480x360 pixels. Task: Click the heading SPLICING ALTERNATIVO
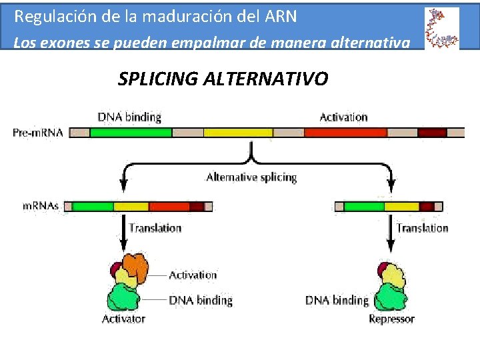[223, 79]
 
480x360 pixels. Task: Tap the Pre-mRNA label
[37, 133]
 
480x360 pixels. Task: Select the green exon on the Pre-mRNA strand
[131, 133]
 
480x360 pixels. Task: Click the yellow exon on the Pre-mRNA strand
[238, 133]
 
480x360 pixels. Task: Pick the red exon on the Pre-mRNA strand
[345, 133]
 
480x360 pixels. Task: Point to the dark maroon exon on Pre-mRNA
[432, 133]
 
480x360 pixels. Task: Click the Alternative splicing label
[251, 177]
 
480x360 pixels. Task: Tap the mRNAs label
[41, 206]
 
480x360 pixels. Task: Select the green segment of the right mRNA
[364, 207]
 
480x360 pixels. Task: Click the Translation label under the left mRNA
[155, 228]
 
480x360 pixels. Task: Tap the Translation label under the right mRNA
[423, 228]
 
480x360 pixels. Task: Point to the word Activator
[123, 319]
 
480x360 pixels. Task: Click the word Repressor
[391, 319]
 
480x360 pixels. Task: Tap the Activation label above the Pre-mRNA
[343, 117]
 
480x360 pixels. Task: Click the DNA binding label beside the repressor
[337, 300]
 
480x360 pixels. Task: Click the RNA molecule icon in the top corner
[441, 28]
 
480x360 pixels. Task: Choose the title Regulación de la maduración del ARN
[155, 15]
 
